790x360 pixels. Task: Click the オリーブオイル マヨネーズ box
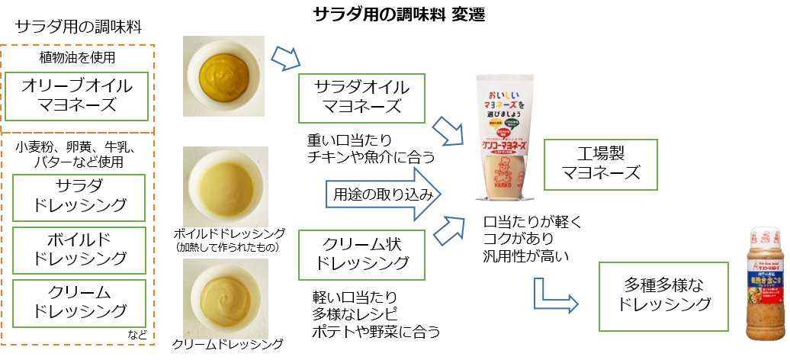coord(76,96)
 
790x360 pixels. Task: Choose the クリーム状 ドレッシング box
coord(361,254)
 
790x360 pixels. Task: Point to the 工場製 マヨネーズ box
coord(601,165)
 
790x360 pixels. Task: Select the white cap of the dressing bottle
coord(766,232)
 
